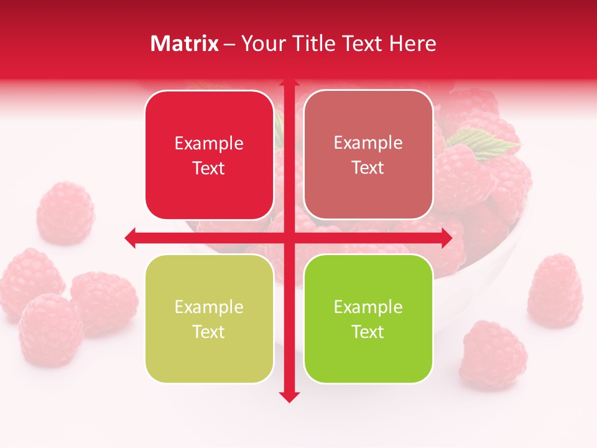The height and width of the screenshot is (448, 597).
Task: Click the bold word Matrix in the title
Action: point(185,44)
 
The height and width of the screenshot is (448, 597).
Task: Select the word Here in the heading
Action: point(413,44)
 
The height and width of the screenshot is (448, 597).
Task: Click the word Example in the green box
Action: point(368,307)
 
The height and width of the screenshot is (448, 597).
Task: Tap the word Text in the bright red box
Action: point(209,169)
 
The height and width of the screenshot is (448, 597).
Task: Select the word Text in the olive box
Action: point(209,332)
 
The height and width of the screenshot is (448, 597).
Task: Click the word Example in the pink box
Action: point(368,142)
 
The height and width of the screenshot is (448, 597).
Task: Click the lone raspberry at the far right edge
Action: point(555,291)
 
